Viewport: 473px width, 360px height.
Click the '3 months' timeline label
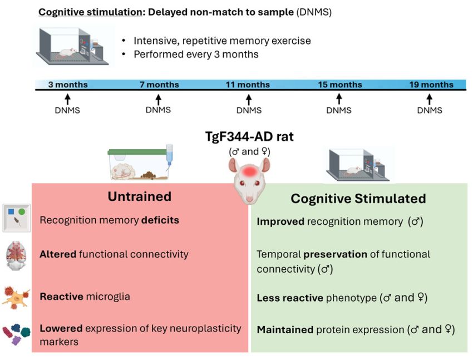click(x=67, y=85)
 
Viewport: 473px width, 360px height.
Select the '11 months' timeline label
click(x=248, y=85)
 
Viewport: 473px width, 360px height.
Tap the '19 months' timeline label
click(x=431, y=85)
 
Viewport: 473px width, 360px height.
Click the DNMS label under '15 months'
click(x=339, y=110)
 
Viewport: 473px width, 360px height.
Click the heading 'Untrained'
click(x=139, y=196)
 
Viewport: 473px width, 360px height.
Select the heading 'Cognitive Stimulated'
click(x=358, y=199)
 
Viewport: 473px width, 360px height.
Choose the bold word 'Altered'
click(x=58, y=254)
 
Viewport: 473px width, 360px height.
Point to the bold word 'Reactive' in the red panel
click(x=61, y=297)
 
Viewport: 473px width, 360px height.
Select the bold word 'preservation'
click(x=335, y=254)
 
